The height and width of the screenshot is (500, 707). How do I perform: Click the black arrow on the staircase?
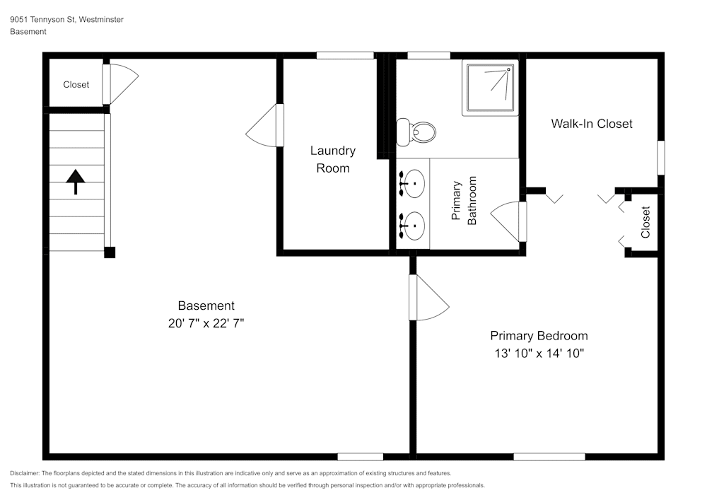point(76,182)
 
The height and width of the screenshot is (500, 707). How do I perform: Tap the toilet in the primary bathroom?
point(416,132)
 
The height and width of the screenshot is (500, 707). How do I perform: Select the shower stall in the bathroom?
point(490,88)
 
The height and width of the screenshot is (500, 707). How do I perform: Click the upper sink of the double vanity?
point(413,183)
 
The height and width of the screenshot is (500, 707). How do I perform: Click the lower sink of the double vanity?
point(413,226)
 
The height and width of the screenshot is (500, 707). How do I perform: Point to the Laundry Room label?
point(333,159)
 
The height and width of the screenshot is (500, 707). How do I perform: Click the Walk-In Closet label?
point(592,124)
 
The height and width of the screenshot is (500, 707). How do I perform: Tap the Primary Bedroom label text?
point(539,336)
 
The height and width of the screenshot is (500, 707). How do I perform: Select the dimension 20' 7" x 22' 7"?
point(206,323)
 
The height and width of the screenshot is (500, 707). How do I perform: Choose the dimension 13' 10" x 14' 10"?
point(539,353)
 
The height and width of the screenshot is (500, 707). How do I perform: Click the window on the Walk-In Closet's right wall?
point(661,158)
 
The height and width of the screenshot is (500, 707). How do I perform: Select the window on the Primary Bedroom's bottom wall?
point(549,457)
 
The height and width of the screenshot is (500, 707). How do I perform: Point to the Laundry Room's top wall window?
point(345,55)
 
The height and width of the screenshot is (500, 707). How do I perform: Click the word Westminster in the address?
point(101,20)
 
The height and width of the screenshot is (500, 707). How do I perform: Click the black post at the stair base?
point(110,252)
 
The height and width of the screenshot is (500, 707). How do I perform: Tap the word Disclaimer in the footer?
point(25,473)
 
